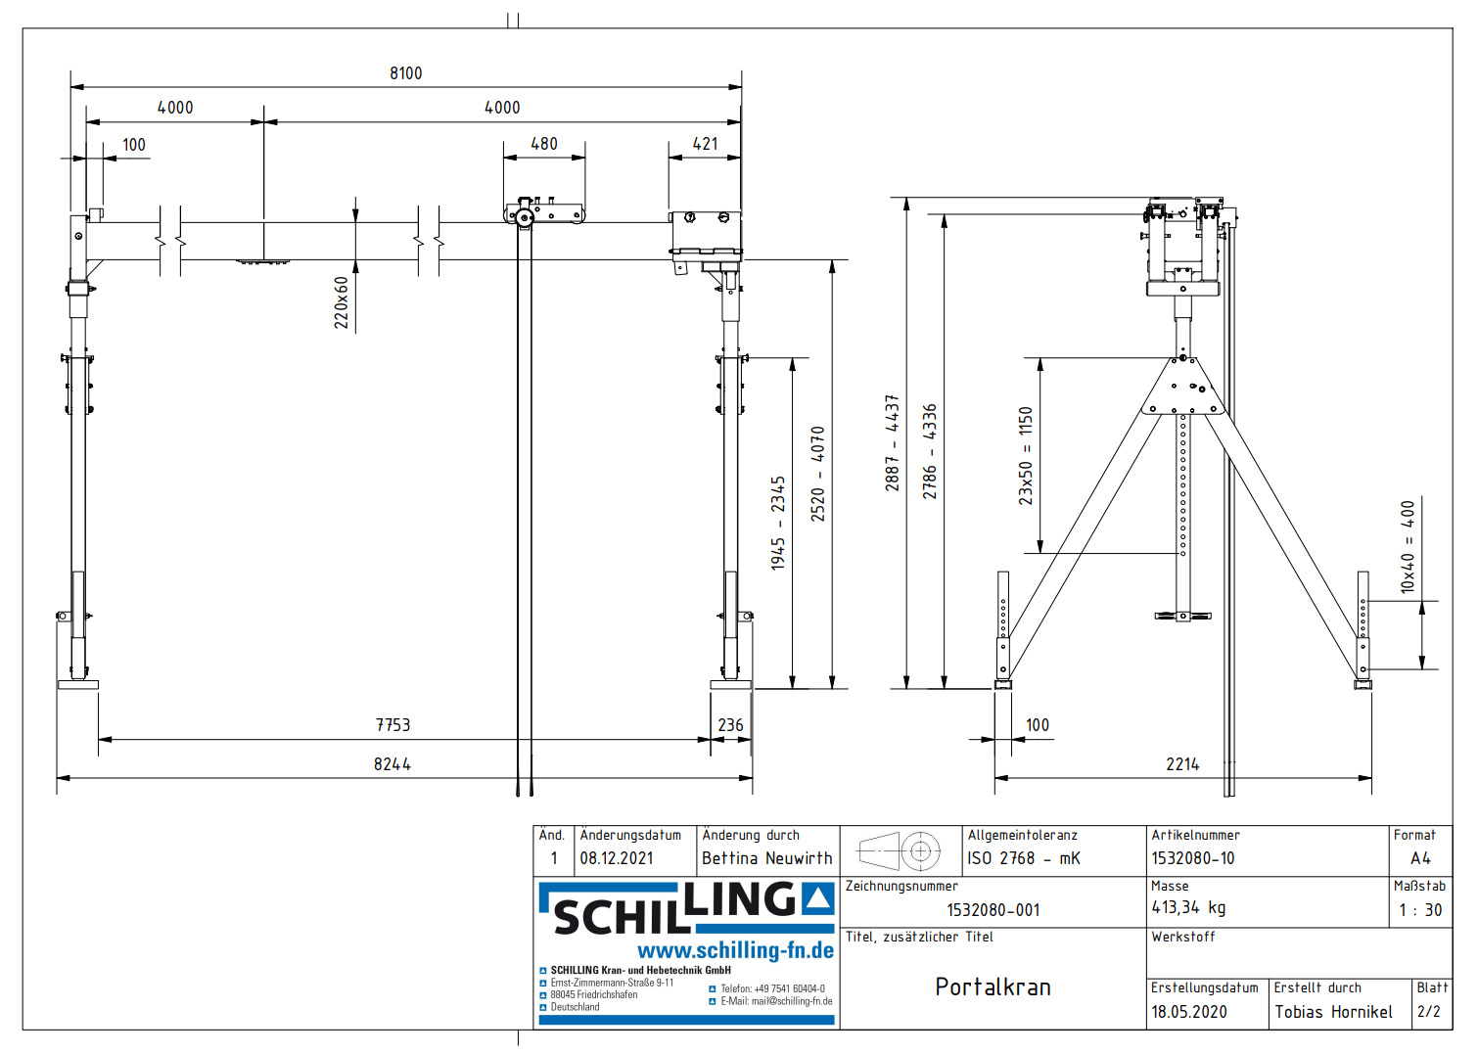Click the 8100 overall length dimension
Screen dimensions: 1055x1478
pos(405,73)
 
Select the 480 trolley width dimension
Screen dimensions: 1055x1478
pos(543,144)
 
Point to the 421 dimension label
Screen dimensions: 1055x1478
pos(705,144)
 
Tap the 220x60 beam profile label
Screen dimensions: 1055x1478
pos(342,302)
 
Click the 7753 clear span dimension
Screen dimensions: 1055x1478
pos(393,725)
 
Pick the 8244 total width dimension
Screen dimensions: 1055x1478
pos(392,764)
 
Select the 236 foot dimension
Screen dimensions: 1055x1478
pos(730,725)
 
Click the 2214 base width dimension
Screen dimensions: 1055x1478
pos(1182,764)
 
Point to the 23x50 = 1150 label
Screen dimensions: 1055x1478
pos(1025,456)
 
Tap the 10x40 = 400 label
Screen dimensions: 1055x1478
pos(1408,547)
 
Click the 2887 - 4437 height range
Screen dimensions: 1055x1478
pos(892,442)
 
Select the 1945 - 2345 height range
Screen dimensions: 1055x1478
pos(778,523)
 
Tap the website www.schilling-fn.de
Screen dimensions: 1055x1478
pos(735,950)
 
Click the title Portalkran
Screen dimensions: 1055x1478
pos(993,986)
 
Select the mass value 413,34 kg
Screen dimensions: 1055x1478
pos(1188,907)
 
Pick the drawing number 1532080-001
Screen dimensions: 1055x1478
pos(993,910)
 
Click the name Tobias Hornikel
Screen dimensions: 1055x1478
pos(1333,1012)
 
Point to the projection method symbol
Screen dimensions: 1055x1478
pos(900,851)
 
